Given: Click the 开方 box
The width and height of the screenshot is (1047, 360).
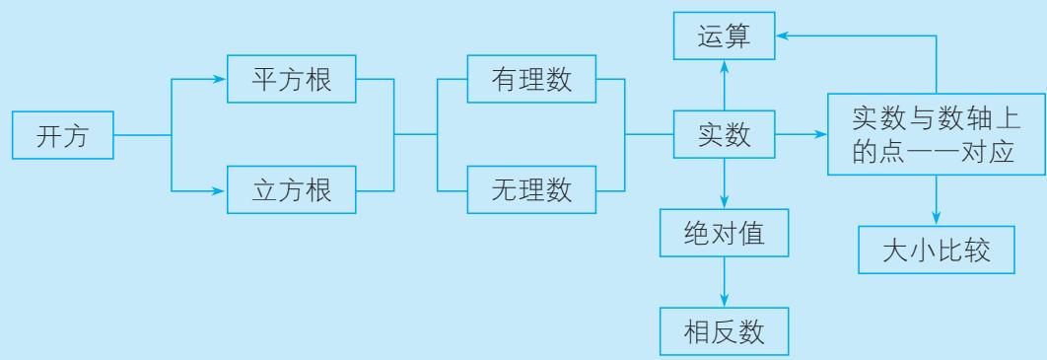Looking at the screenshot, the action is coord(63,135).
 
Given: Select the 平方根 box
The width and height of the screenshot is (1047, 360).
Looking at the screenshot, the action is coord(292,79).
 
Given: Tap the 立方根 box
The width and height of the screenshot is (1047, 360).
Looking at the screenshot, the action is coord(292,189).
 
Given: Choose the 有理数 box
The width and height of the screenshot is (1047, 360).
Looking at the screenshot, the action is coord(531,79).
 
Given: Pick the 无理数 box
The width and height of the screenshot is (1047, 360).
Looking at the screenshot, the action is coord(531,189).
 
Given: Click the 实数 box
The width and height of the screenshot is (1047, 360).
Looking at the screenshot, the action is coord(725,134).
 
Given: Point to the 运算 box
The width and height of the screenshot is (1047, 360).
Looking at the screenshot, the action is coord(725,36).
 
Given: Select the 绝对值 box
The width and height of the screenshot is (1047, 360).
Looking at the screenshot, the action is coord(725,233).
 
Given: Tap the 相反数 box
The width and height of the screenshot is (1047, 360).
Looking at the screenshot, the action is coord(725,331).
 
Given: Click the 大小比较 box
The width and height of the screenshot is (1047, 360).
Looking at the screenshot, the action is coord(937,250).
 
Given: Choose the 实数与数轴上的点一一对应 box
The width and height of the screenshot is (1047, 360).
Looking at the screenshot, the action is coord(937,134).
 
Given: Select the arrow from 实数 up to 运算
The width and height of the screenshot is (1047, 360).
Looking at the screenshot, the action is coord(725,85).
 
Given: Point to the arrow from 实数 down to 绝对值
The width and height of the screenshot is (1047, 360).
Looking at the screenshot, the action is coord(725,183).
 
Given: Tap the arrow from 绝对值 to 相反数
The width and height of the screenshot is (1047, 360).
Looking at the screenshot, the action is coord(725,282).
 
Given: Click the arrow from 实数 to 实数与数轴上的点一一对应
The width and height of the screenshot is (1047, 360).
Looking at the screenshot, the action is coord(802,134).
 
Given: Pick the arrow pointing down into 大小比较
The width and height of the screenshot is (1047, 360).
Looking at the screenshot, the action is coord(937,200).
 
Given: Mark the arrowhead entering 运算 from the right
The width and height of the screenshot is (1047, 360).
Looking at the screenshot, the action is coord(783,36).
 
